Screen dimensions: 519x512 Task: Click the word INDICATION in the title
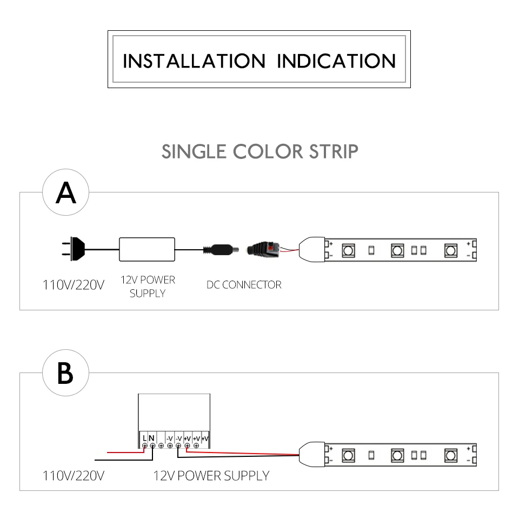click(336, 61)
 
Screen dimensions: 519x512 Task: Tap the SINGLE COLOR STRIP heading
click(260, 152)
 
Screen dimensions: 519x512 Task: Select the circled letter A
click(65, 194)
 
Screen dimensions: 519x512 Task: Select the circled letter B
click(65, 373)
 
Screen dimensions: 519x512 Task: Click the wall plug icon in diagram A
click(72, 249)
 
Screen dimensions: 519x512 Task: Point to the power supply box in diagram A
click(148, 249)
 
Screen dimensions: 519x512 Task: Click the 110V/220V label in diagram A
click(73, 284)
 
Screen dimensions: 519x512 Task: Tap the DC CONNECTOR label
click(244, 284)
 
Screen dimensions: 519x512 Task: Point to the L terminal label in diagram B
click(145, 437)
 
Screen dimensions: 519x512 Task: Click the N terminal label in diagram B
click(152, 437)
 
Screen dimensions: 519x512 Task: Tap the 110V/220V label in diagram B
click(73, 476)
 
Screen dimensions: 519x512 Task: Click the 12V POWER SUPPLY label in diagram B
click(211, 476)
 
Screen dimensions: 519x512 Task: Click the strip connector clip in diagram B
click(312, 455)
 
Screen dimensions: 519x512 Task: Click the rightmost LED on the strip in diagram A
click(450, 250)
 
